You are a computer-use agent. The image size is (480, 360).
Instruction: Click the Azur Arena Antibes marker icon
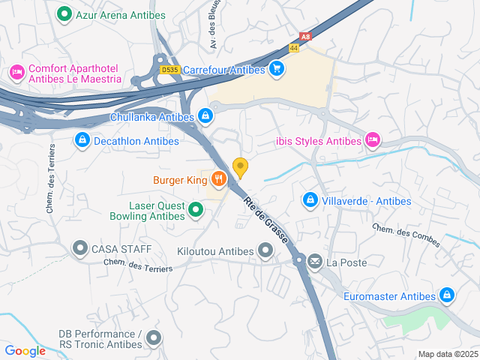64,13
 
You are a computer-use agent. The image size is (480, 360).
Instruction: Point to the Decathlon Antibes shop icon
82,140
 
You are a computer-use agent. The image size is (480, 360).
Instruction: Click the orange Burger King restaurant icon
217,179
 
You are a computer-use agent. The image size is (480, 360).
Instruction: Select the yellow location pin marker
241,167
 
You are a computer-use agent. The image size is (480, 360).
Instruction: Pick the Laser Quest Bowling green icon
195,211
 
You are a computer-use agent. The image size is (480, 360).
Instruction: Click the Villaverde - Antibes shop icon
310,200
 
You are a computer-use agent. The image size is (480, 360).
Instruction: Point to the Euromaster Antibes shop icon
447,295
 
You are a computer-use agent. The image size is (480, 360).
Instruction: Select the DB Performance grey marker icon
154,339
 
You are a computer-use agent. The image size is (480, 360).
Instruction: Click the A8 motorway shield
304,35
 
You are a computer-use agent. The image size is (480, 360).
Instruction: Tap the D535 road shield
169,70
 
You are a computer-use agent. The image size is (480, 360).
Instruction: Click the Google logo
25,351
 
